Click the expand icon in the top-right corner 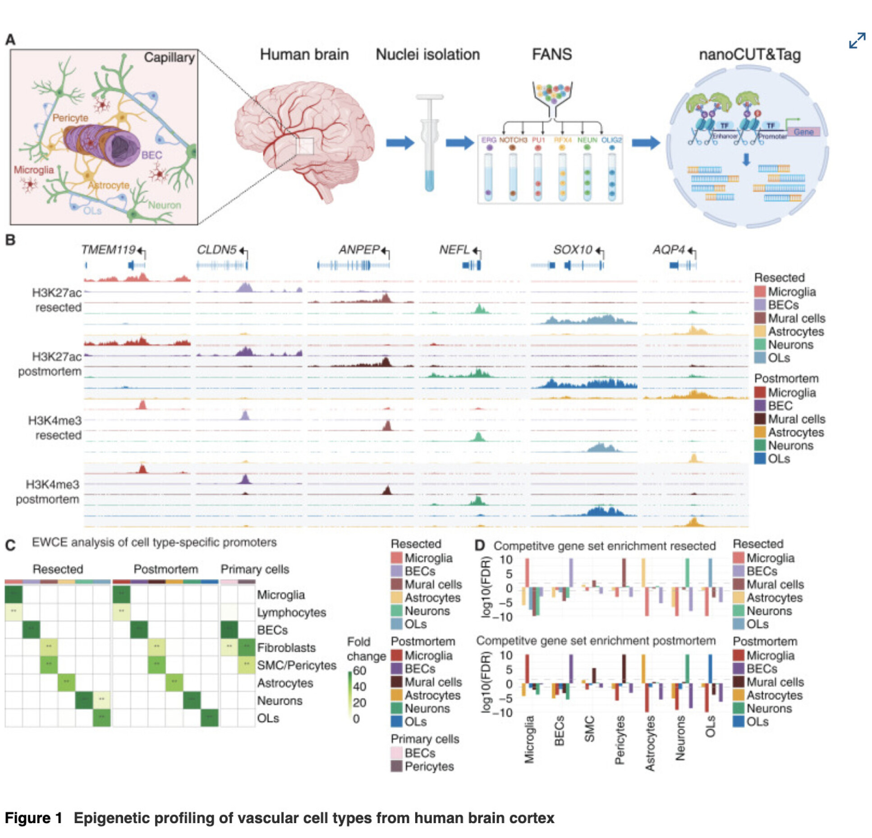856,40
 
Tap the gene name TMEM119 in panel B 108,249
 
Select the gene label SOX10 572,249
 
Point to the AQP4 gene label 668,249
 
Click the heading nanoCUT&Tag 749,55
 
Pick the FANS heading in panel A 551,55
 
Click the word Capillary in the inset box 169,57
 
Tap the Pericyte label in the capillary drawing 70,118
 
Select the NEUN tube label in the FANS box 587,140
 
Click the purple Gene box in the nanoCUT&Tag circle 803,132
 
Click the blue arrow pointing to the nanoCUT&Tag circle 645,143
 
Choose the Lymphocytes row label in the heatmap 291,612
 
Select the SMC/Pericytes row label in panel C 297,665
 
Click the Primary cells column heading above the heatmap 254,569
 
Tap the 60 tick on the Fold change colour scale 359,671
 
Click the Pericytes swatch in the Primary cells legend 396,766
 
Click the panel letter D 480,546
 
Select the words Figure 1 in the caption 33,818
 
